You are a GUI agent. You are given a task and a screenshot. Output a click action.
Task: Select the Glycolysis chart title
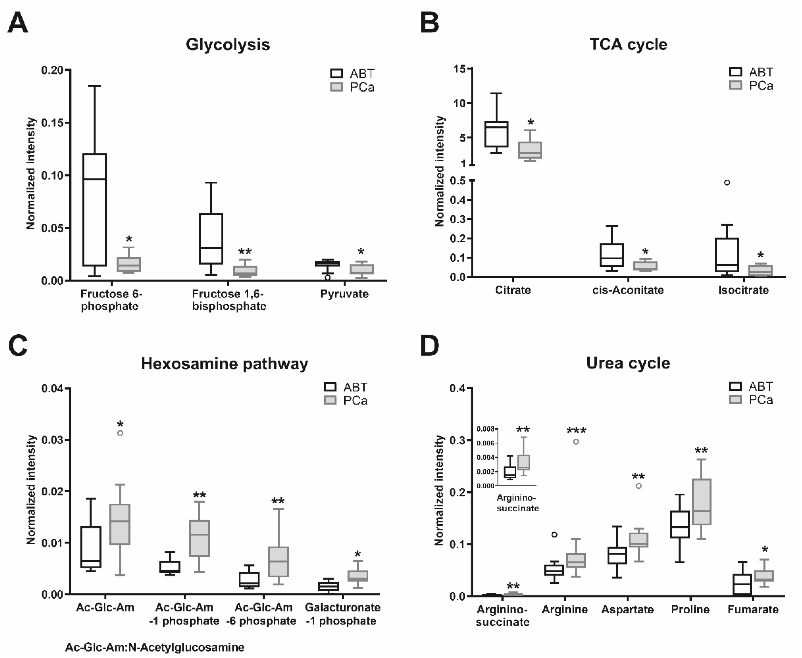pyautogui.click(x=228, y=45)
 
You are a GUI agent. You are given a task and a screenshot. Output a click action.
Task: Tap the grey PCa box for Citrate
pyautogui.click(x=530, y=150)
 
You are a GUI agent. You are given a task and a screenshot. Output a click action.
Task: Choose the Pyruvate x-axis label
pyautogui.click(x=344, y=294)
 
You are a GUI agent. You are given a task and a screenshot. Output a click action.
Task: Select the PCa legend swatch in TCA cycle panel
pyautogui.click(x=735, y=85)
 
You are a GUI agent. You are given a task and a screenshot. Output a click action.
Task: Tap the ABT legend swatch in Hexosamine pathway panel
pyautogui.click(x=330, y=387)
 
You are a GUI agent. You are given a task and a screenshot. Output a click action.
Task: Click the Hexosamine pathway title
pyautogui.click(x=224, y=364)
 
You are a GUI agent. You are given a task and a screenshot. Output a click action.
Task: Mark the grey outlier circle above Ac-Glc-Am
pyautogui.click(x=120, y=433)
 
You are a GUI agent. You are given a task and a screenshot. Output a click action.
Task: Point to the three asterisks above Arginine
pyautogui.click(x=576, y=431)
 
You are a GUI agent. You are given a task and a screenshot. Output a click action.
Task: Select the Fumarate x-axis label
pyautogui.click(x=753, y=610)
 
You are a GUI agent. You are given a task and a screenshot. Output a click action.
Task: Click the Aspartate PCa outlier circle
pyautogui.click(x=639, y=486)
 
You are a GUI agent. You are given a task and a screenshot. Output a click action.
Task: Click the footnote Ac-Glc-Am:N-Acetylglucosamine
pyautogui.click(x=155, y=647)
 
